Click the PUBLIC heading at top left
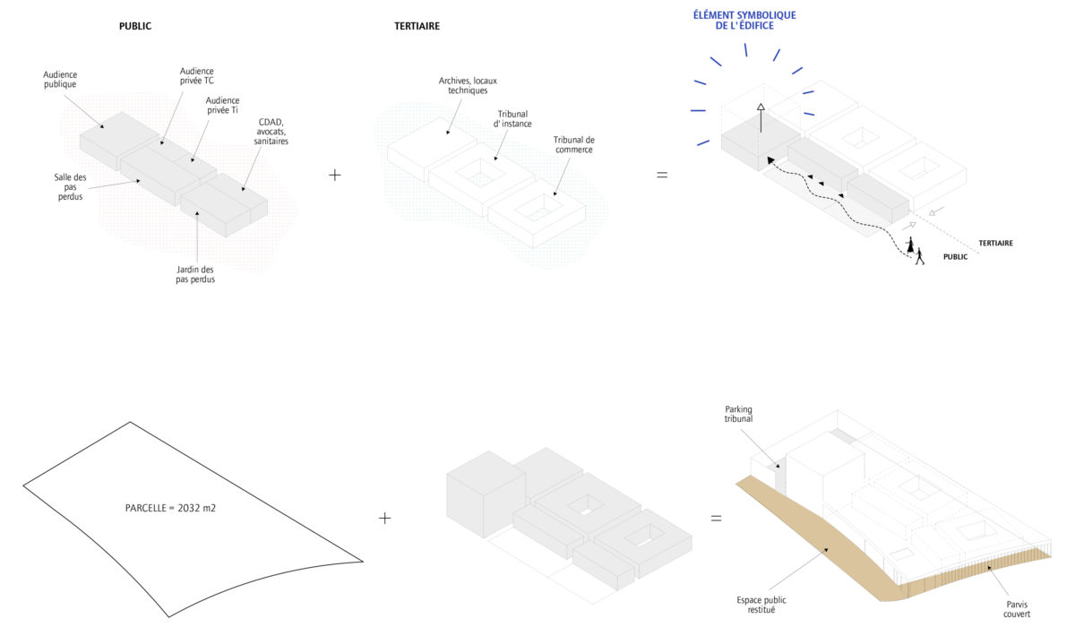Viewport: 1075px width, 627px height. coord(135,26)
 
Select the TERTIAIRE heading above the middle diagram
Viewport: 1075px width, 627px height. coord(417,26)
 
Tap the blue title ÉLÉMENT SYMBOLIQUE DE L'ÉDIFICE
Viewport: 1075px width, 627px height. coord(744,21)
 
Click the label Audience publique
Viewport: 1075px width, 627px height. coord(61,79)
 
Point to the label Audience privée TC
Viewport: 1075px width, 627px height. coord(196,76)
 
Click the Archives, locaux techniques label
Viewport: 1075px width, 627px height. coord(468,85)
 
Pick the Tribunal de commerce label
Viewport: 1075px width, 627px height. coord(572,144)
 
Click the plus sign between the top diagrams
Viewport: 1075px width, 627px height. coord(335,175)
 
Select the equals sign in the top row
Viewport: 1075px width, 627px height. coord(662,175)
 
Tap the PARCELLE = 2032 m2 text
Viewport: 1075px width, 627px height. coord(171,508)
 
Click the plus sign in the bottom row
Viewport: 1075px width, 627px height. coord(385,518)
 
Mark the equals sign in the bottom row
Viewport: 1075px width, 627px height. coord(716,518)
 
